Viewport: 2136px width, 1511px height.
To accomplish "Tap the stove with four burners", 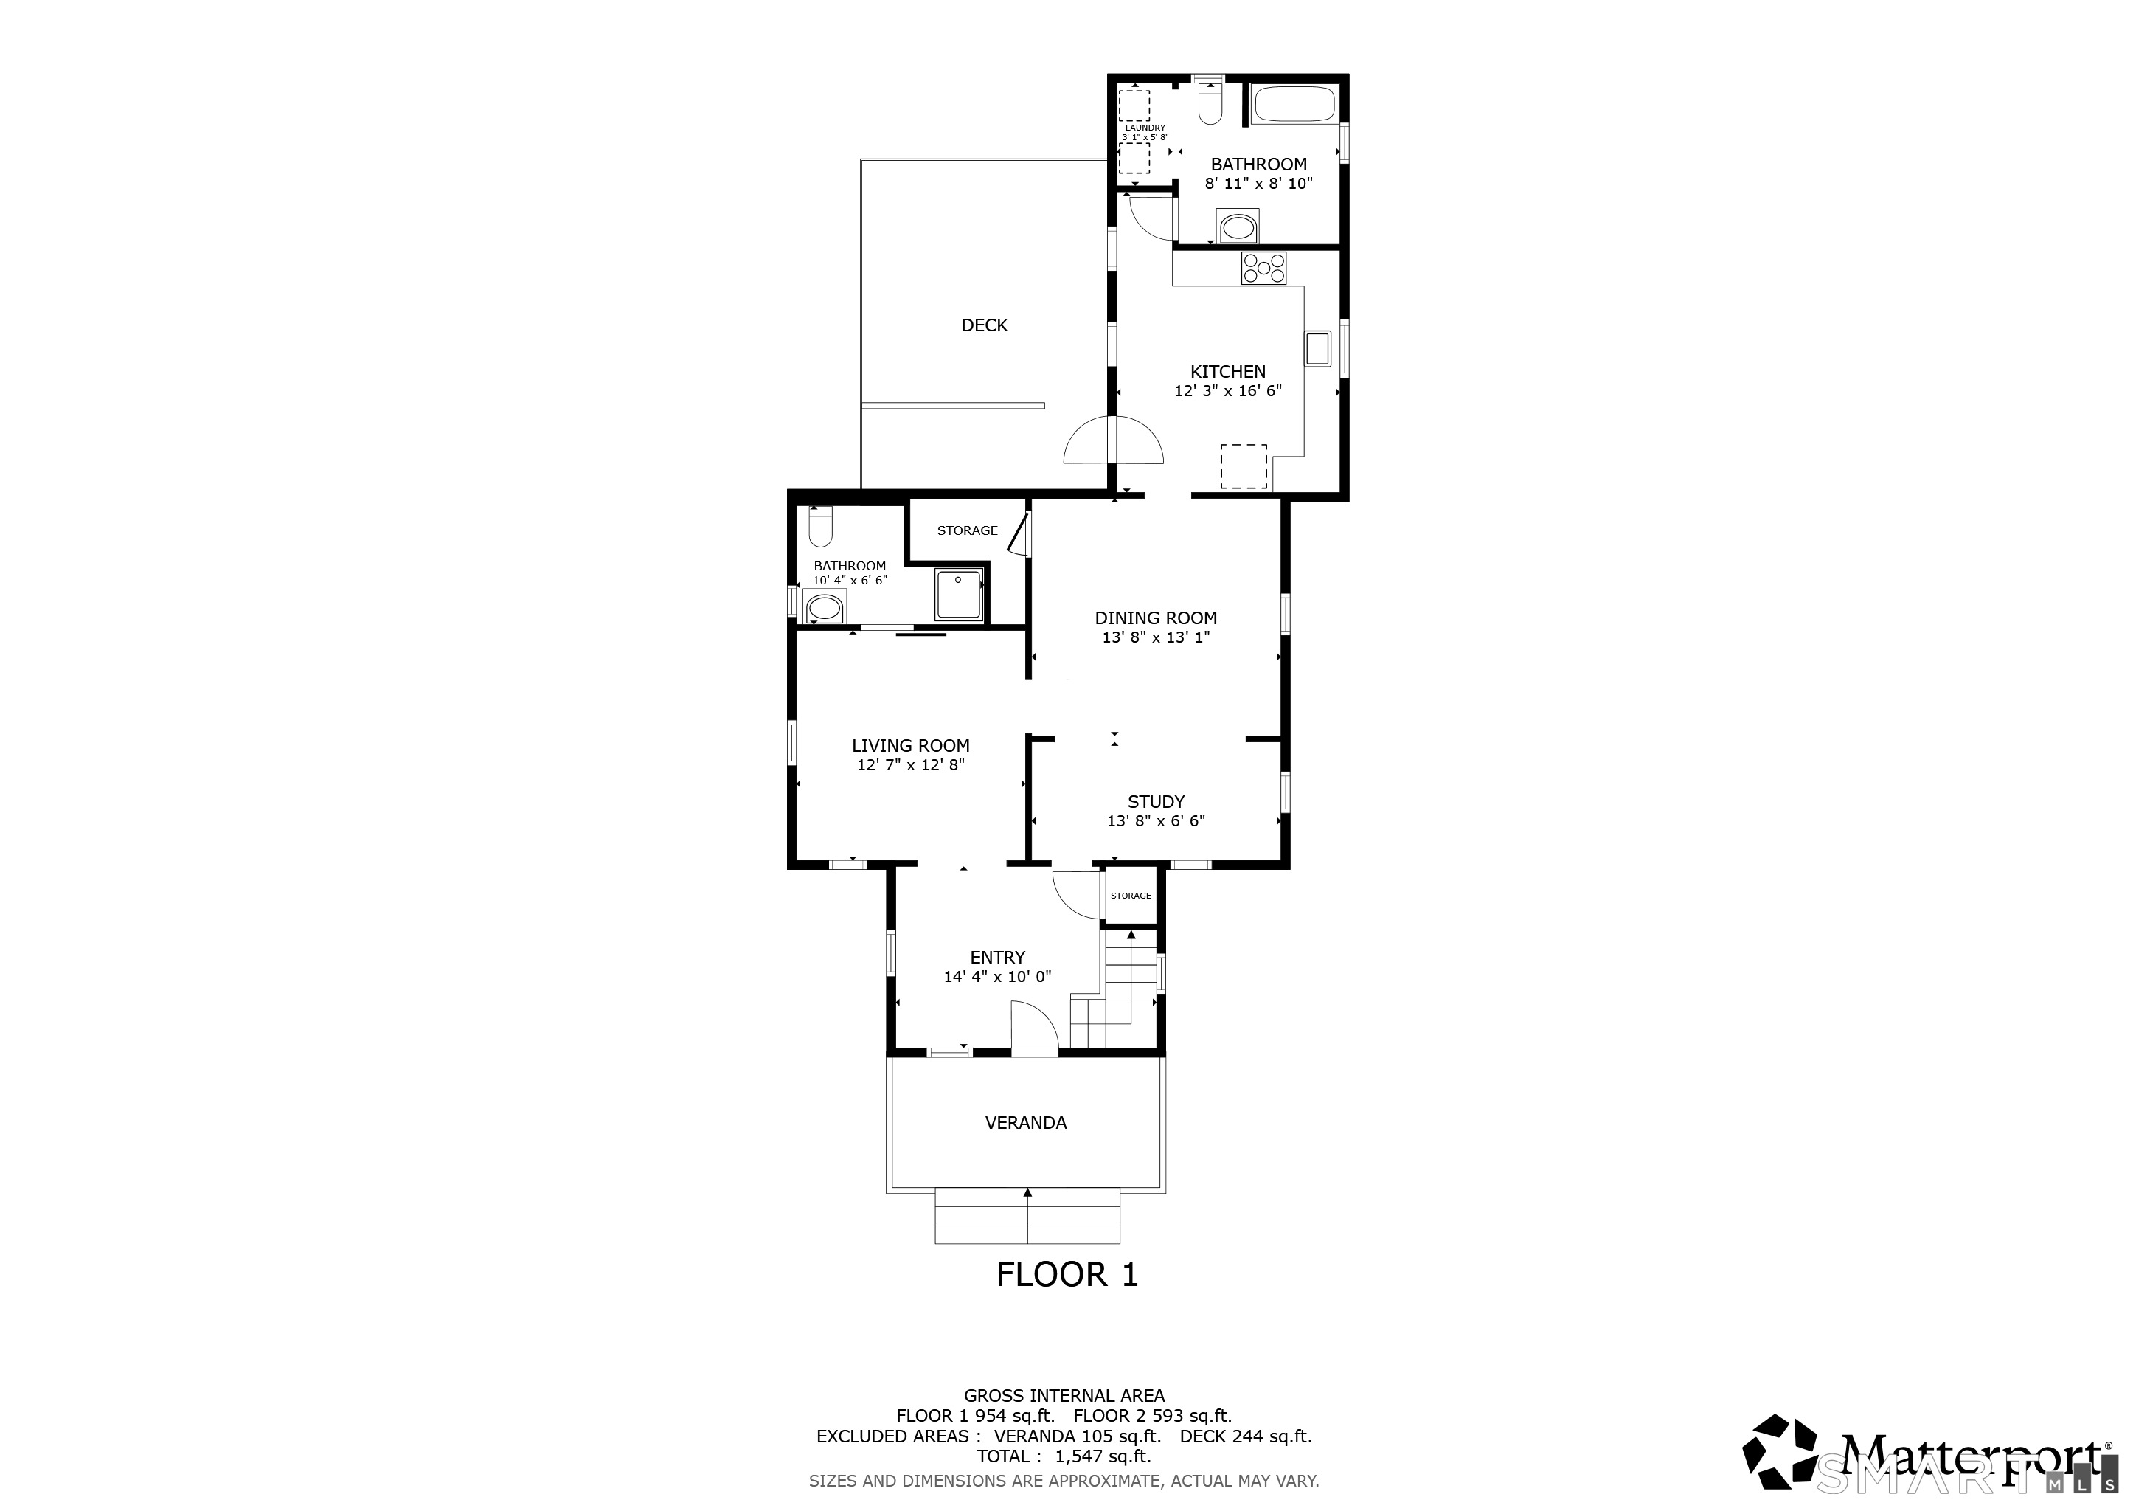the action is pos(1263,268).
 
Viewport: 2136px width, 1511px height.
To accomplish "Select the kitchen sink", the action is pos(1317,348).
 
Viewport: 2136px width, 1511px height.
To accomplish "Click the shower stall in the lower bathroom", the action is pos(958,595).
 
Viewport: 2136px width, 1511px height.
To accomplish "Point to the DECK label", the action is pos(984,325).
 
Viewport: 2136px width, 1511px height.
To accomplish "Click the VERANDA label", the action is pos(1026,1123).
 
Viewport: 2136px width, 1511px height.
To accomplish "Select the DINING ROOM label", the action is pos(1156,618).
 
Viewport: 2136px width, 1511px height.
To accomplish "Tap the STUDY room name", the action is pos(1157,801).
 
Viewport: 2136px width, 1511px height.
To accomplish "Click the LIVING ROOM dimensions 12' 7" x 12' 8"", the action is pos(911,765).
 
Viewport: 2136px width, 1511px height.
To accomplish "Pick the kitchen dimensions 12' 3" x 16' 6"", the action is pos(1228,391).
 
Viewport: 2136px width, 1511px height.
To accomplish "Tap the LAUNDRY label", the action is pos(1144,128).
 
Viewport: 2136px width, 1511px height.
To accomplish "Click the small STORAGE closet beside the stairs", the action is pos(1131,895).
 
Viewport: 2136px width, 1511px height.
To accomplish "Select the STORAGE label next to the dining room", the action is pos(968,530).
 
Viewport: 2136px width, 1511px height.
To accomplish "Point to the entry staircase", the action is pos(1114,990).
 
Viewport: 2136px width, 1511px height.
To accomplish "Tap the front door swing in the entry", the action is pos(1035,1027).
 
